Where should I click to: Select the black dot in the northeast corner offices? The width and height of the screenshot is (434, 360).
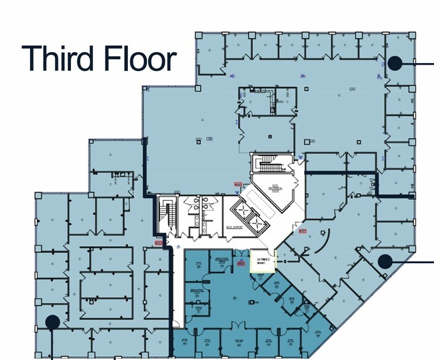(x=395, y=62)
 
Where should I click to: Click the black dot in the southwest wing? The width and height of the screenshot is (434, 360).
(x=53, y=321)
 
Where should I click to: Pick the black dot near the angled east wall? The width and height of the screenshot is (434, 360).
(x=384, y=261)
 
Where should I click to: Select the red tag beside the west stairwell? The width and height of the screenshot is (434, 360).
(x=159, y=244)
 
